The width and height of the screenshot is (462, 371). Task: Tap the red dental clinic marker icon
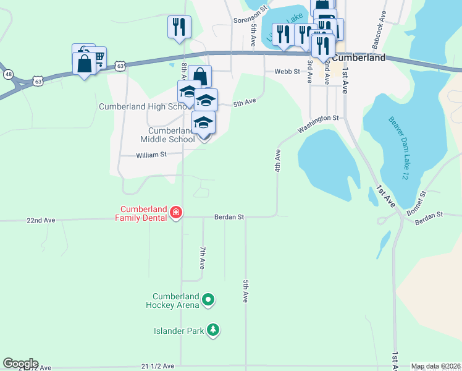tap(176, 213)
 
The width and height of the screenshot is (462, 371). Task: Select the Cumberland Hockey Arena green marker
tap(209, 301)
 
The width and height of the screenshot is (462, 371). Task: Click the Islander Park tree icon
tap(212, 330)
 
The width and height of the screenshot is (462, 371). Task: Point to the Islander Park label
tap(179, 331)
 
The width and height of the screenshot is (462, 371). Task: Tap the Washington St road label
tap(319, 124)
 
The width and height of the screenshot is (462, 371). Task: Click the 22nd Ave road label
tap(41, 220)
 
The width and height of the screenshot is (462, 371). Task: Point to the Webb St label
tap(287, 72)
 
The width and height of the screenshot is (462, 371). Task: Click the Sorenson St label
tap(250, 20)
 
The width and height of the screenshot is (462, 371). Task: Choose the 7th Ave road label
tap(202, 257)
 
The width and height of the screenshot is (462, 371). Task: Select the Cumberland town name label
tap(359, 58)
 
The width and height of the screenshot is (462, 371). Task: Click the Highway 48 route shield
tap(8, 74)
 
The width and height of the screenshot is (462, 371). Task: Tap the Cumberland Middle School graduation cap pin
tap(203, 124)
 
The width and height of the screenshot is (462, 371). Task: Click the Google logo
tap(20, 364)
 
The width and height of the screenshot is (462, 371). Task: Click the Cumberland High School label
tap(146, 106)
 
